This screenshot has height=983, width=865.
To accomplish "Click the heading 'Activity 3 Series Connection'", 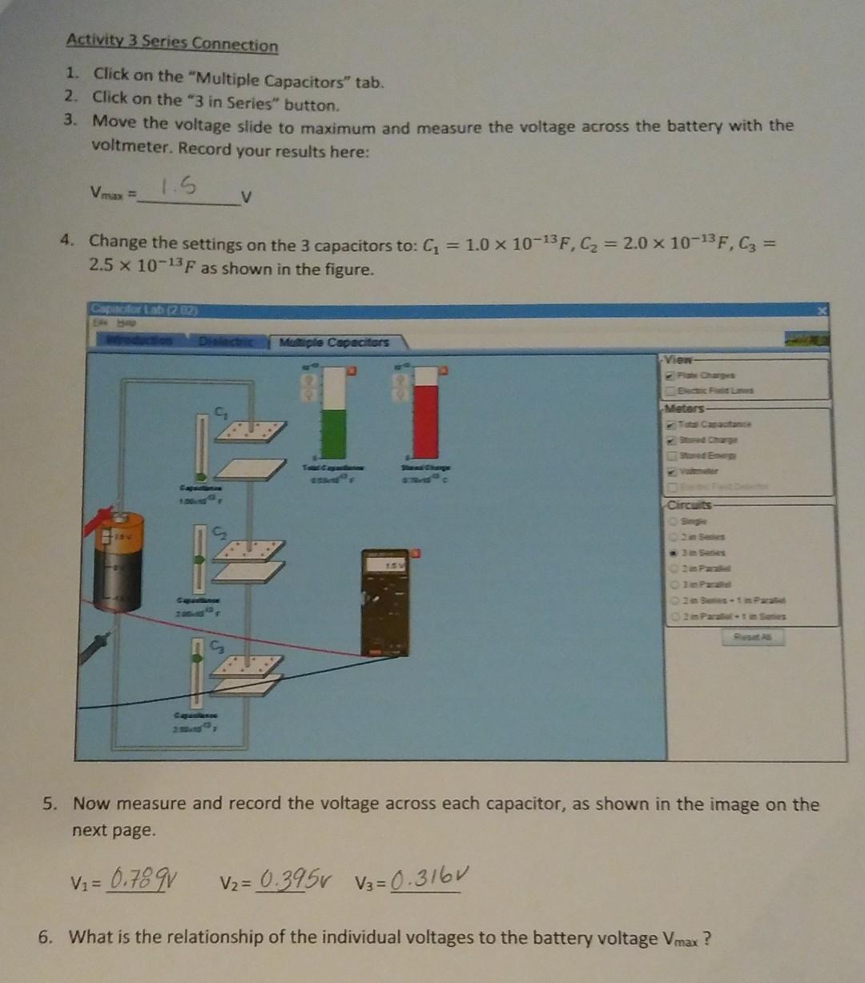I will pos(172,43).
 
